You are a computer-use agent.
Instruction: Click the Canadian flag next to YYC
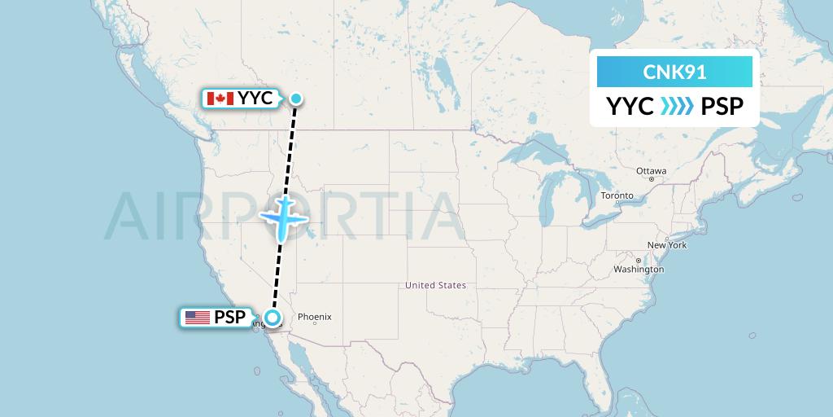tap(216, 99)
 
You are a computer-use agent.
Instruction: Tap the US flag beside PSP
tap(198, 318)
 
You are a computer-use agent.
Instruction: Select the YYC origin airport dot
tap(296, 99)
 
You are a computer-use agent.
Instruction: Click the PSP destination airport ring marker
tap(273, 318)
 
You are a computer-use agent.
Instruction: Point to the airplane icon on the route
tap(284, 217)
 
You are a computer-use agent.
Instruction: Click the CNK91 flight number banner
tap(674, 72)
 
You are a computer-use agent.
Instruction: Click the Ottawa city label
tap(652, 171)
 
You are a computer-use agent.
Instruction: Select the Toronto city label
tap(617, 196)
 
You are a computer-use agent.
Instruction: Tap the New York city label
tap(667, 245)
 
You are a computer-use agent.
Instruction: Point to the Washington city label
tap(639, 270)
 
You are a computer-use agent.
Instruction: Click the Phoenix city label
tap(314, 317)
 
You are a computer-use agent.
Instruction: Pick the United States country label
tap(436, 285)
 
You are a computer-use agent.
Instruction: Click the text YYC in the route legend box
tap(630, 107)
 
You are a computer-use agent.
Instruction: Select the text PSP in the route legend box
tap(722, 107)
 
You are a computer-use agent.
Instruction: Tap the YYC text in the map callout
tap(255, 99)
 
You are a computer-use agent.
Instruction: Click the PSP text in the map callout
tap(230, 318)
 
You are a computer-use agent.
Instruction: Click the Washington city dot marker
tap(639, 261)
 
